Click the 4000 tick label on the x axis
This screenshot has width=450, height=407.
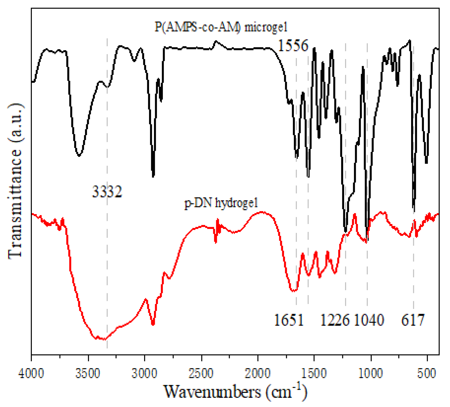[x=31, y=373]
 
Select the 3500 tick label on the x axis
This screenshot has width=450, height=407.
[x=88, y=373]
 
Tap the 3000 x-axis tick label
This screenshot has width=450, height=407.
[x=144, y=373]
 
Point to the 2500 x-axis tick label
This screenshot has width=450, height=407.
[x=202, y=373]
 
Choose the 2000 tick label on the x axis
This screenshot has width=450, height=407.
[x=258, y=373]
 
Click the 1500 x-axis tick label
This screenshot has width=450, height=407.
[x=314, y=373]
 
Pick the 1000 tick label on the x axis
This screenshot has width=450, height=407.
[x=371, y=373]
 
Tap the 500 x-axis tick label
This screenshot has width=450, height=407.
[x=427, y=373]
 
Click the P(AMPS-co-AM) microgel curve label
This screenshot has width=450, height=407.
[x=221, y=27]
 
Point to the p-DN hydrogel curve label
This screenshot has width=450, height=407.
[x=221, y=203]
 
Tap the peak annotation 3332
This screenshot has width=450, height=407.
[x=107, y=192]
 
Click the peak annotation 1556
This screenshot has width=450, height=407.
[x=293, y=45]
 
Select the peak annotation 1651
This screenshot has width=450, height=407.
[x=289, y=320]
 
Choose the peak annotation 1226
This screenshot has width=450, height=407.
[x=335, y=320]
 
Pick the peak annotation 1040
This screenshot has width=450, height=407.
[x=369, y=320]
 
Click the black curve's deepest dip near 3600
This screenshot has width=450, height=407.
[x=79, y=156]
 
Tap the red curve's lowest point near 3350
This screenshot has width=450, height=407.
[x=104, y=339]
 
